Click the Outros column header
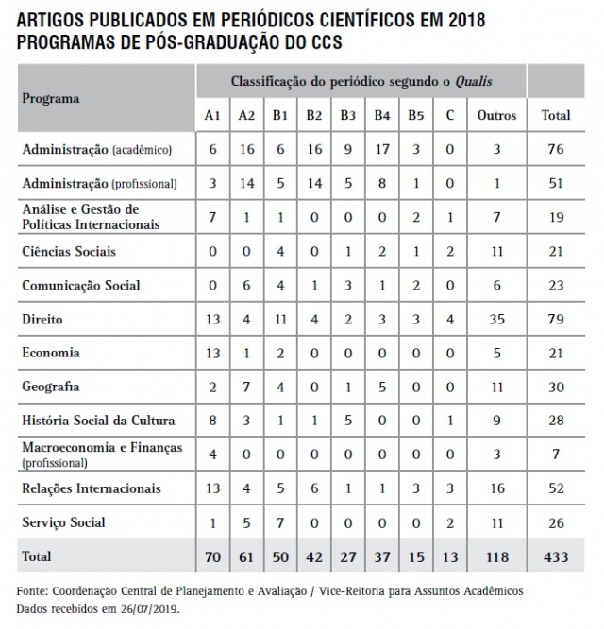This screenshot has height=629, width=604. coord(496,115)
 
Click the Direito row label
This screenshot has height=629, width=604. coord(42,320)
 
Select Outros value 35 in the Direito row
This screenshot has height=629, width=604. coord(496,320)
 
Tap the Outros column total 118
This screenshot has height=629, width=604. coord(496,557)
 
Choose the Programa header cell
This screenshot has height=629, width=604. coord(51,98)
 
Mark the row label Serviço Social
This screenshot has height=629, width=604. coord(63,522)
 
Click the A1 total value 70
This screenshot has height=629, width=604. coord(213,557)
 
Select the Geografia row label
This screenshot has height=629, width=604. coord(50,387)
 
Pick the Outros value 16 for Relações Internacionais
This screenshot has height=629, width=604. coord(496,488)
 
